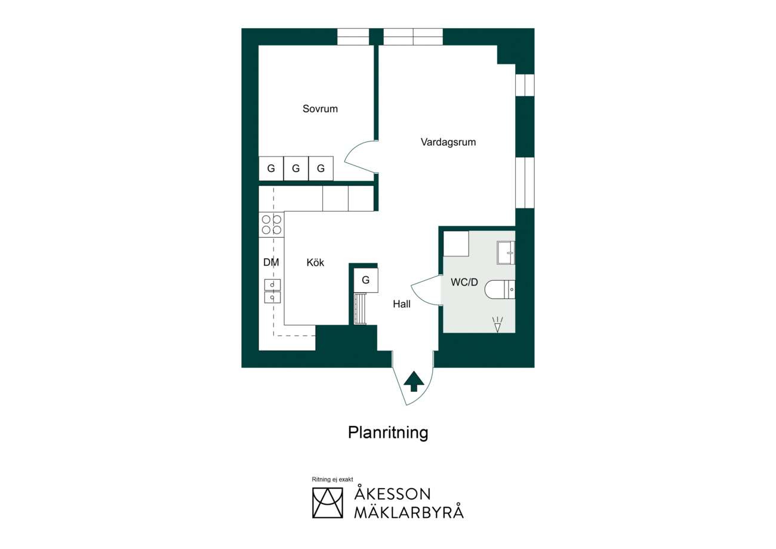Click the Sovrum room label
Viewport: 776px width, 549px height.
coord(320,109)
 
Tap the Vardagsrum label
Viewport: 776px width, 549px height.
coord(448,142)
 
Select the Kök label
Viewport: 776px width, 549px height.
coord(315,262)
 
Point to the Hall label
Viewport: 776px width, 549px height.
coord(402,304)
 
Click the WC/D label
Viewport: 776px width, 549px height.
coord(464,282)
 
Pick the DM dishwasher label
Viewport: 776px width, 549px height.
coord(271,262)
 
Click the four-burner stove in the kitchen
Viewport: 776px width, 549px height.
coord(272,225)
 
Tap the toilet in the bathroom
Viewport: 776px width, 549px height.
coord(500,289)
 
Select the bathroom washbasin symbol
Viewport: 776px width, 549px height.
coord(506,253)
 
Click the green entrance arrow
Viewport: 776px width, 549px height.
coord(414,382)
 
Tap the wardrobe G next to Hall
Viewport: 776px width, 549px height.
coord(366,280)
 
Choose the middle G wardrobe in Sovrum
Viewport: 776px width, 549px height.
coord(296,168)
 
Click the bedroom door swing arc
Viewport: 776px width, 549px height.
coord(352,156)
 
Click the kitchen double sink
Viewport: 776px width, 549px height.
coord(273,291)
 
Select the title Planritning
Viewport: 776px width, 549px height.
coord(388,433)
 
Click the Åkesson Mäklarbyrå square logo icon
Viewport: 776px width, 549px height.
coord(328,503)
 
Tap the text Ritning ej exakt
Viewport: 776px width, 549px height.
coord(332,479)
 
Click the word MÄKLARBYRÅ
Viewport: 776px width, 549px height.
coord(409,513)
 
